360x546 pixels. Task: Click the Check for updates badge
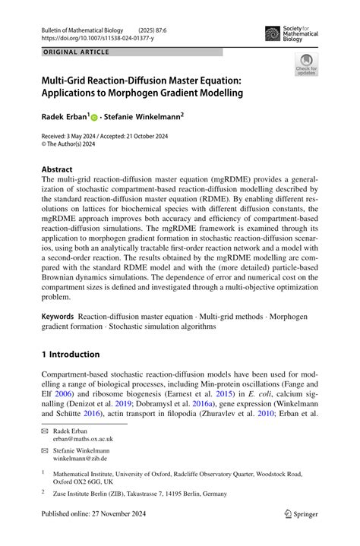(x=306, y=65)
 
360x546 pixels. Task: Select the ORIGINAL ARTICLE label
(x=76, y=52)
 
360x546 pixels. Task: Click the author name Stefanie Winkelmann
(x=141, y=117)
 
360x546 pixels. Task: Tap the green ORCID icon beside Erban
(x=94, y=118)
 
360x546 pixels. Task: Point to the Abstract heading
(x=57, y=169)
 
